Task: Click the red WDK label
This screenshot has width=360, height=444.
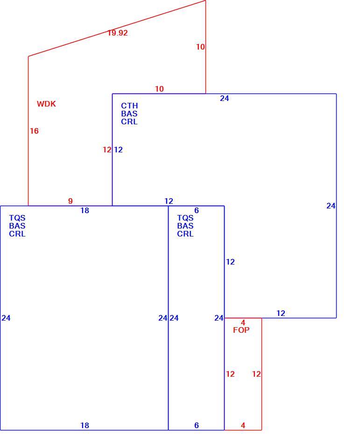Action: click(46, 104)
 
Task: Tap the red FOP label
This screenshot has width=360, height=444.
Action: click(241, 330)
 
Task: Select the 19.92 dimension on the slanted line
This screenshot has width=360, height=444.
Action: click(118, 33)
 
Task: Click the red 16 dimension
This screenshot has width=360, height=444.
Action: click(34, 131)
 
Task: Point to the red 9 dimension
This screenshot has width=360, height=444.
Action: click(71, 201)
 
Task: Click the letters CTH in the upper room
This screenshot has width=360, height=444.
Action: click(129, 106)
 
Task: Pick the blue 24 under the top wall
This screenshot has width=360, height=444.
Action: click(224, 98)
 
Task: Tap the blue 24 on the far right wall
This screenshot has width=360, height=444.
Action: click(331, 206)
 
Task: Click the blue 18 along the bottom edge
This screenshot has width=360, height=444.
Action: click(85, 425)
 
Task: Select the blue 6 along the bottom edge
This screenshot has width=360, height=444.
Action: click(197, 425)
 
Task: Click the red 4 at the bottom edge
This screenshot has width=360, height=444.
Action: click(243, 425)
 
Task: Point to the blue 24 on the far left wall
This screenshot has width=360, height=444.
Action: click(6, 318)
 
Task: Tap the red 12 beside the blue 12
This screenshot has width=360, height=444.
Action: click(107, 150)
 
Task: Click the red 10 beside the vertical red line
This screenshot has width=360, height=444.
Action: click(200, 47)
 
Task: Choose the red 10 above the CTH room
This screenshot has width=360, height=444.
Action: click(159, 89)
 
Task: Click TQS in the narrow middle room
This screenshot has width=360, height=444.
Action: click(185, 218)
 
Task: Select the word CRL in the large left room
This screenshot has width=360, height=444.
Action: click(17, 234)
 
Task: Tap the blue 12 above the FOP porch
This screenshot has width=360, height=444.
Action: click(281, 313)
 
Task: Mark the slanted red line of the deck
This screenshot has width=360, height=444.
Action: click(117, 29)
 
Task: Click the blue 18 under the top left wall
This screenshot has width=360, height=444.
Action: click(85, 210)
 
